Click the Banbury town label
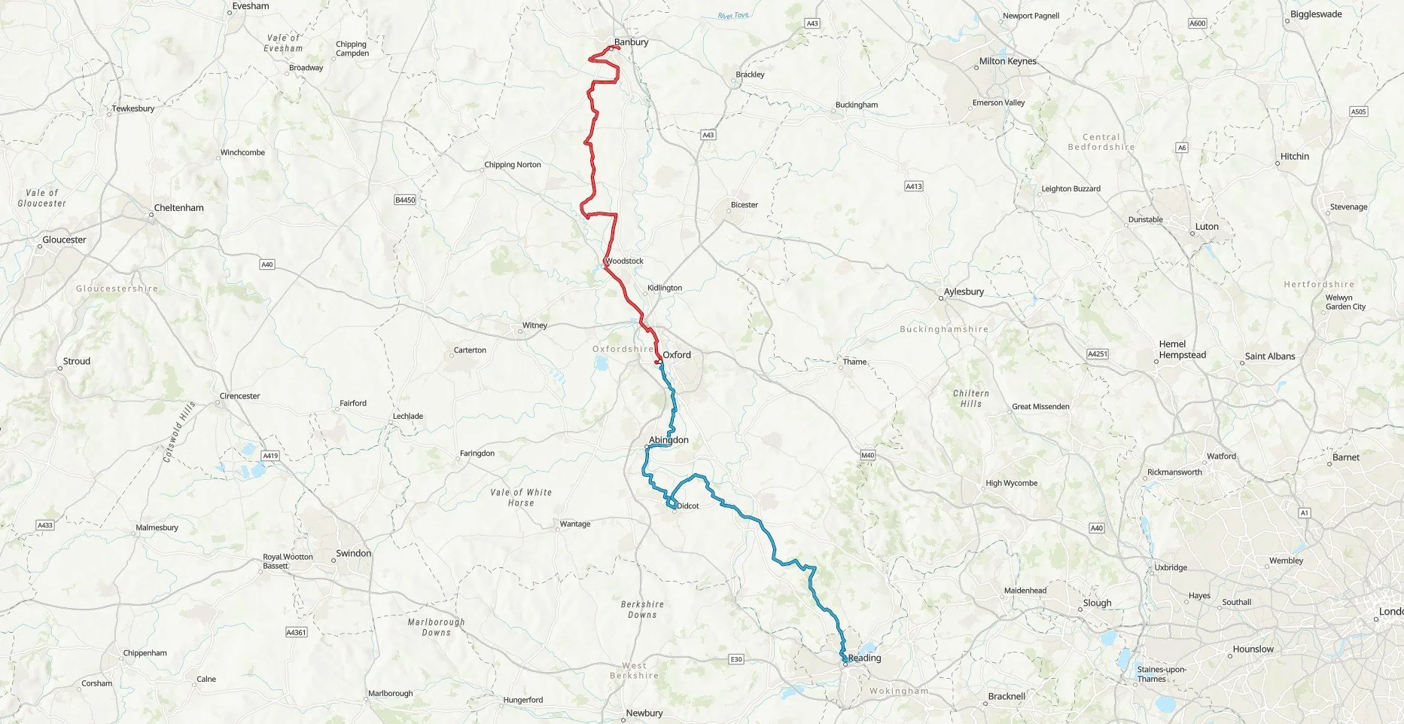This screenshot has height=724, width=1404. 631,42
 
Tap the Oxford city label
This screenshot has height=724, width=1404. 676,355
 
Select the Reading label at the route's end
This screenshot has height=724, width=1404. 864,658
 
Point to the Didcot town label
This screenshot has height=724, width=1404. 687,506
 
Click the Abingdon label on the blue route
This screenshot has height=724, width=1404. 668,440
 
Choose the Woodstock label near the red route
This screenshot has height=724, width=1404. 624,261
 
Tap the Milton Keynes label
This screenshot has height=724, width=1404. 1007,62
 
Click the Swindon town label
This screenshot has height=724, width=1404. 353,553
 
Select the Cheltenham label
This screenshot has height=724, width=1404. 178,208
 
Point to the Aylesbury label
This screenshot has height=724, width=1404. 964,292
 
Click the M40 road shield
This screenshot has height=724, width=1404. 867,455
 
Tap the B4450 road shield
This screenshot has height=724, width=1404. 405,200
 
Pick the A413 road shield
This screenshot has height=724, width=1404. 913,186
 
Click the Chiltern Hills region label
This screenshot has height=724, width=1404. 970,399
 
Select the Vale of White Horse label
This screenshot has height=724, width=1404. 521,497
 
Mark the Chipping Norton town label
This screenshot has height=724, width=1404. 512,165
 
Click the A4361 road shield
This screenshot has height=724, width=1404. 297,632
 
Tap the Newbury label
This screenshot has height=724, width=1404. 644,713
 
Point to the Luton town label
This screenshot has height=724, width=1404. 1206,227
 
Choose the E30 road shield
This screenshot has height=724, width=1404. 736,659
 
